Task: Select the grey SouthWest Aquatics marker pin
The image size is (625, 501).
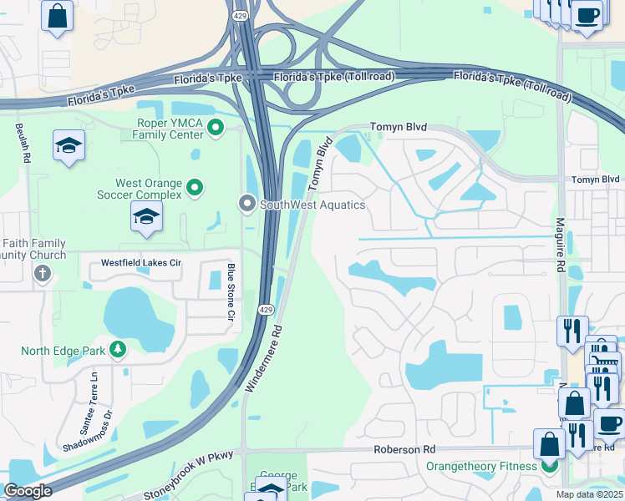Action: tap(246, 204)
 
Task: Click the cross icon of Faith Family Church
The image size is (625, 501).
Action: tap(43, 273)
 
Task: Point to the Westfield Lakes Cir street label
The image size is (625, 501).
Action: tap(140, 262)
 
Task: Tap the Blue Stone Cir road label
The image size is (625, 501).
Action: tap(231, 292)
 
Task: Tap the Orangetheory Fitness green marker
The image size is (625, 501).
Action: tap(550, 466)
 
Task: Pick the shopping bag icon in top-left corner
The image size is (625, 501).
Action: tap(57, 17)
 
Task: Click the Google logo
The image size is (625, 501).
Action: tap(28, 491)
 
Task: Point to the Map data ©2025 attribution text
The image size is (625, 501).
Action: tap(589, 494)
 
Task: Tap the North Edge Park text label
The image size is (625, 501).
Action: tap(63, 350)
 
